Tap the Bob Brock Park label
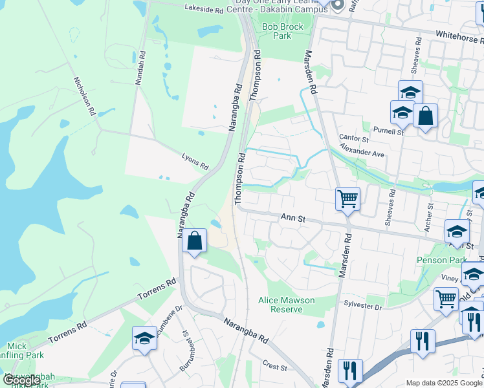point(276,31)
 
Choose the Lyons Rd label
point(195,161)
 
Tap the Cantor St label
point(353,139)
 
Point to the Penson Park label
point(442,260)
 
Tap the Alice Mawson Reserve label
point(286,305)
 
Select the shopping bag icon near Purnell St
point(425,116)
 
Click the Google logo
point(21,380)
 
